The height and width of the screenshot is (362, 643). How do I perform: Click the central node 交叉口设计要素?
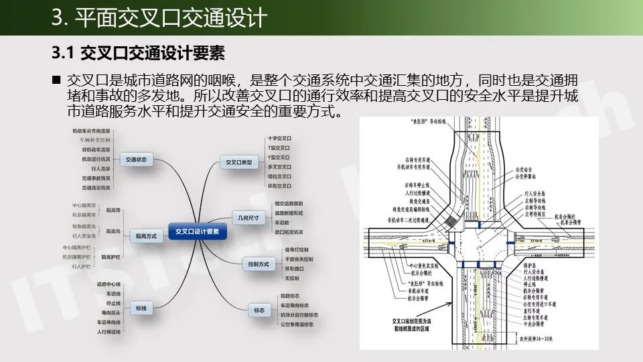(x=198, y=231)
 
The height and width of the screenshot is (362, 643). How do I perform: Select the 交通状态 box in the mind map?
(x=137, y=160)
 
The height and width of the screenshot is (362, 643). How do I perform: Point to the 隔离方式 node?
(x=145, y=236)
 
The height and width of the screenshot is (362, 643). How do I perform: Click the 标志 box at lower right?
(x=259, y=310)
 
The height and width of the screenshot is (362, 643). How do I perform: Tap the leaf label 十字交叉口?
(x=279, y=138)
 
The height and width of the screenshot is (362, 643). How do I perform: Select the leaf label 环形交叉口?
(x=279, y=185)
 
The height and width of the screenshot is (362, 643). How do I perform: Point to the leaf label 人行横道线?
(x=108, y=332)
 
